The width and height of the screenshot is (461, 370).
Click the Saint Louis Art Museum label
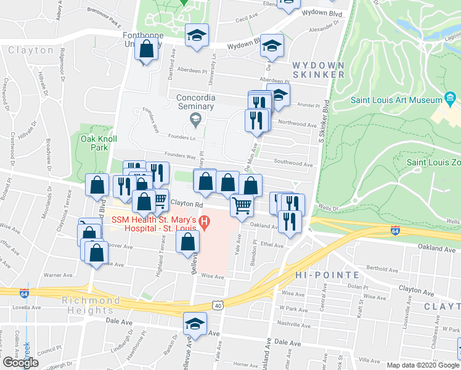[x=395, y=100]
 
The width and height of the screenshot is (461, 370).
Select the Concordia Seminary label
[x=195, y=102]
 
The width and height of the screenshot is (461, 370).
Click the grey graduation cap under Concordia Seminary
[x=195, y=118]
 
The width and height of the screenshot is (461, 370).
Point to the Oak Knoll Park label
[x=99, y=144]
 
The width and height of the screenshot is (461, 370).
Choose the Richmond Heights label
[x=91, y=305]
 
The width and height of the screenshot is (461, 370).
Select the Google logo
[x=20, y=362]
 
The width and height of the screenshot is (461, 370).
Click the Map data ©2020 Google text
[x=423, y=365]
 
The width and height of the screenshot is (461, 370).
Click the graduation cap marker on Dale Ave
[x=195, y=324]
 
